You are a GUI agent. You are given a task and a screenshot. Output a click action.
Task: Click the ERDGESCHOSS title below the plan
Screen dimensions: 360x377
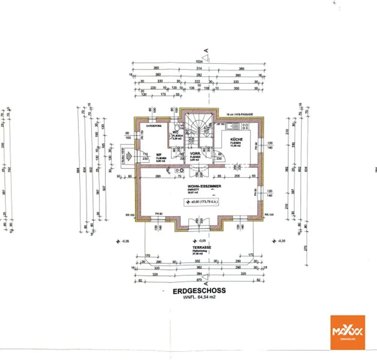[199, 291]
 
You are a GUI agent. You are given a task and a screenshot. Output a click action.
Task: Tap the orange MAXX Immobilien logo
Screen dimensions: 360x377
[347, 332]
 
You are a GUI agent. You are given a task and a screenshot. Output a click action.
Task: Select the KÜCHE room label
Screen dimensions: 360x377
[236, 140]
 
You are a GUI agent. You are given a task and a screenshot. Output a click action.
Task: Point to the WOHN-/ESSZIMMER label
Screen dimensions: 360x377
[204, 186]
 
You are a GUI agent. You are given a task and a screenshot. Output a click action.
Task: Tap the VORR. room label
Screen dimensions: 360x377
[195, 153]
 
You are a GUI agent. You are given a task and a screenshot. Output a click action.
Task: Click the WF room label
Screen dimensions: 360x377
[159, 155]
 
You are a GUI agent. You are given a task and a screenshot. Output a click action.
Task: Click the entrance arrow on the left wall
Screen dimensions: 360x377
[128, 156]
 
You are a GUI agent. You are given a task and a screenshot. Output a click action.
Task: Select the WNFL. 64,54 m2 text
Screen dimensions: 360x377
[199, 297]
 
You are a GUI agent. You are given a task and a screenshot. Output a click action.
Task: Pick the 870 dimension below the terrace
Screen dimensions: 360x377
[199, 280]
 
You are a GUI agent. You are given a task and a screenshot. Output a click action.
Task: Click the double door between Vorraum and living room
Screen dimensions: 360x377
[199, 171]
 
